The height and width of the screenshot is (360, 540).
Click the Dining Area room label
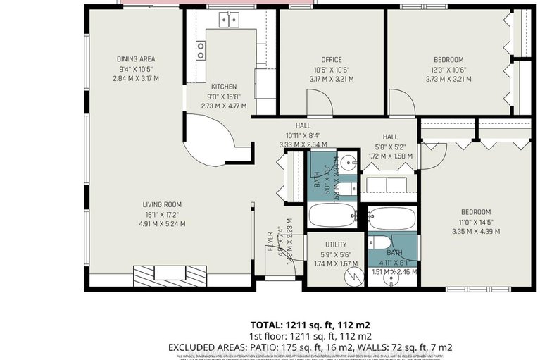point(136,59)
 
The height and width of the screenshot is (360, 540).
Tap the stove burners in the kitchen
point(201,49)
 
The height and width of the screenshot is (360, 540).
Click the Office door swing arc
point(322,104)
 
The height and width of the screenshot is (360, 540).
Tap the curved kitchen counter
point(211,141)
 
